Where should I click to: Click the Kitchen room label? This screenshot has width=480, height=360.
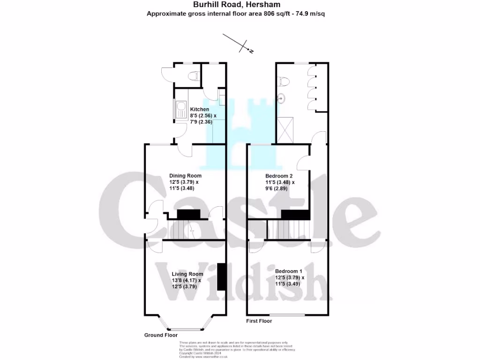pyautogui.click(x=200, y=110)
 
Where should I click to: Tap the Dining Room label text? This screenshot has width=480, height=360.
pyautogui.click(x=185, y=176)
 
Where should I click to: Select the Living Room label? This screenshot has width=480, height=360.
pyautogui.click(x=187, y=274)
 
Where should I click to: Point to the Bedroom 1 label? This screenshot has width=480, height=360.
pyautogui.click(x=289, y=271)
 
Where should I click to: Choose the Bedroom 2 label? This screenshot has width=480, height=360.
pyautogui.click(x=279, y=176)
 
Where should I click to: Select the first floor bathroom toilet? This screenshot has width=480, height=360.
pyautogui.click(x=282, y=82)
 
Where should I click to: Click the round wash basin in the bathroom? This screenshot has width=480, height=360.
pyautogui.click(x=282, y=98)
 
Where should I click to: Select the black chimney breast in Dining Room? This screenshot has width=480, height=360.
pyautogui.click(x=188, y=214)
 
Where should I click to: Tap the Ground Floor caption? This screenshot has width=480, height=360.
pyautogui.click(x=161, y=335)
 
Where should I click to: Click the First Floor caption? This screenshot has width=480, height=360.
pyautogui.click(x=259, y=321)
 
